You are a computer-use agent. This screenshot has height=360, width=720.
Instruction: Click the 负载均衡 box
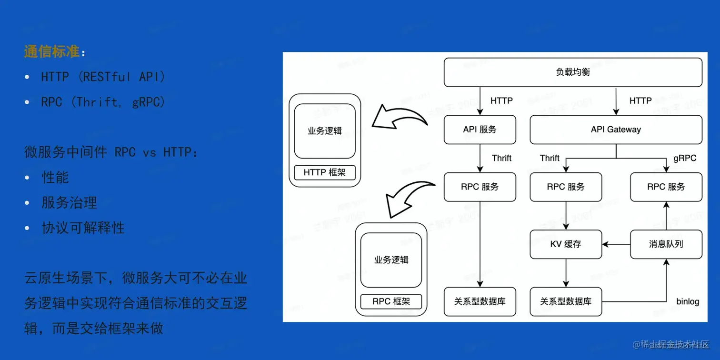(x=573, y=72)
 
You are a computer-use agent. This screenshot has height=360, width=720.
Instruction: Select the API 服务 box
(x=480, y=130)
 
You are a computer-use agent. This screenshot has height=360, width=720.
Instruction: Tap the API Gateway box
(x=616, y=130)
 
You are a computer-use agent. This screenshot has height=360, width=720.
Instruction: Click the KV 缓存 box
(x=566, y=244)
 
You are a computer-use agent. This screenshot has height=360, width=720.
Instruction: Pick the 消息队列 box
(x=666, y=244)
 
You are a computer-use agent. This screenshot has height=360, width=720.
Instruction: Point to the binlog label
(x=688, y=301)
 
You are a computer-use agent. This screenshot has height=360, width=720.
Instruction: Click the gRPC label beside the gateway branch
(x=685, y=158)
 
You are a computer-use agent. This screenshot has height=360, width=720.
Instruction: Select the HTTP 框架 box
(x=325, y=172)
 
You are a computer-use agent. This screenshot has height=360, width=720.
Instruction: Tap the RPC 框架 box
(x=391, y=301)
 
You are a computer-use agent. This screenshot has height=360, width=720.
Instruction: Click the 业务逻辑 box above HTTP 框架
(x=325, y=131)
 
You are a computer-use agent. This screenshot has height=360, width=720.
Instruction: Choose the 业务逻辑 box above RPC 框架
(x=391, y=260)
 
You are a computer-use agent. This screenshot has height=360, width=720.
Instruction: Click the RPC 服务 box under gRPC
(x=666, y=187)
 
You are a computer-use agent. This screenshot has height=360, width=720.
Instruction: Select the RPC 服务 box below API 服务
(x=480, y=187)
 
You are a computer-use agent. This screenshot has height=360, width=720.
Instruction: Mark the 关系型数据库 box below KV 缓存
(x=566, y=301)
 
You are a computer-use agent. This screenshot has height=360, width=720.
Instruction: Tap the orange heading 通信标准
(x=51, y=51)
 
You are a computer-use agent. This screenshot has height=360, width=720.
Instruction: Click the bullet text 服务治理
(x=70, y=203)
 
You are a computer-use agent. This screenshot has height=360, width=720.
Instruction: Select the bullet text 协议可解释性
(x=83, y=228)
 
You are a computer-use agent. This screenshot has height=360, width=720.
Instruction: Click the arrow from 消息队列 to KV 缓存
(x=616, y=244)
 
